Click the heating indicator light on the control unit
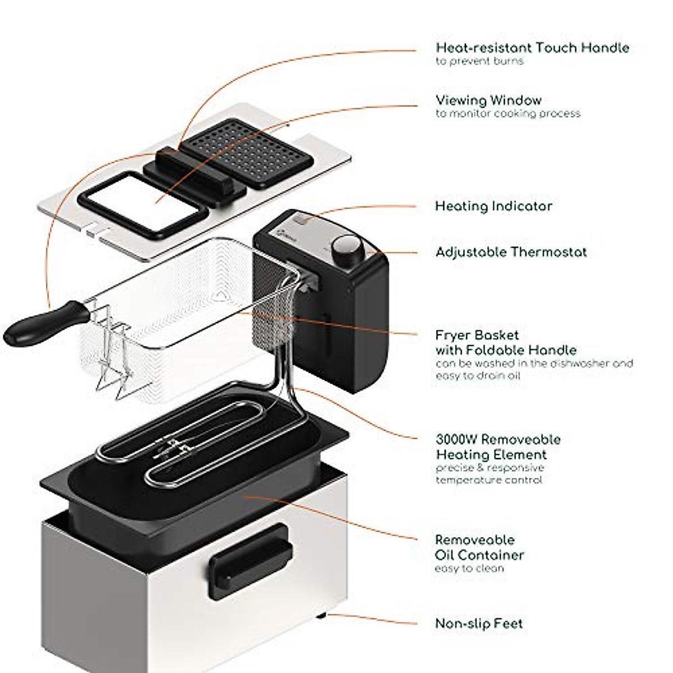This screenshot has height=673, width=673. [303, 220]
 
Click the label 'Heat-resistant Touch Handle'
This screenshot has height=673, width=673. [532, 48]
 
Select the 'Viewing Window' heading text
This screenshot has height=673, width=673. [488, 100]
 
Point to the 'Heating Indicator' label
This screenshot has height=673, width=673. [494, 206]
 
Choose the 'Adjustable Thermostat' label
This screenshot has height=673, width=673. [511, 252]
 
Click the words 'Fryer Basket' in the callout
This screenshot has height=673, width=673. [477, 335]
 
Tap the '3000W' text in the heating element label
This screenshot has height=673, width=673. [457, 439]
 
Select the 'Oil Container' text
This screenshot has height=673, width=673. [480, 555]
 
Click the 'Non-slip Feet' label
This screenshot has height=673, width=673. [479, 623]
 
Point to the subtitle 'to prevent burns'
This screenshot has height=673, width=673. [480, 61]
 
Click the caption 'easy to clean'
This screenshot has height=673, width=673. [469, 569]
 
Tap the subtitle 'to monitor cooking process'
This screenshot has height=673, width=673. [508, 114]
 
